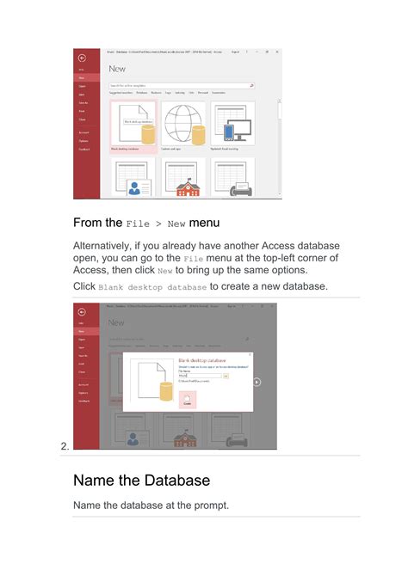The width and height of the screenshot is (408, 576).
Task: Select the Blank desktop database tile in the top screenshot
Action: tap(133, 126)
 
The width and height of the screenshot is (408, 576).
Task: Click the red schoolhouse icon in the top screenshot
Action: tap(182, 187)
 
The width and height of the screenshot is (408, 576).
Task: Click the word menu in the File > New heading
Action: tap(205, 223)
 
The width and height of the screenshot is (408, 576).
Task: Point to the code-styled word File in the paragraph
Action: tap(194, 259)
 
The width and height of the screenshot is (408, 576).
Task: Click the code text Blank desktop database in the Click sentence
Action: tap(151, 286)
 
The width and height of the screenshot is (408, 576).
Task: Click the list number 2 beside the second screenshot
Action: tap(65, 445)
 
